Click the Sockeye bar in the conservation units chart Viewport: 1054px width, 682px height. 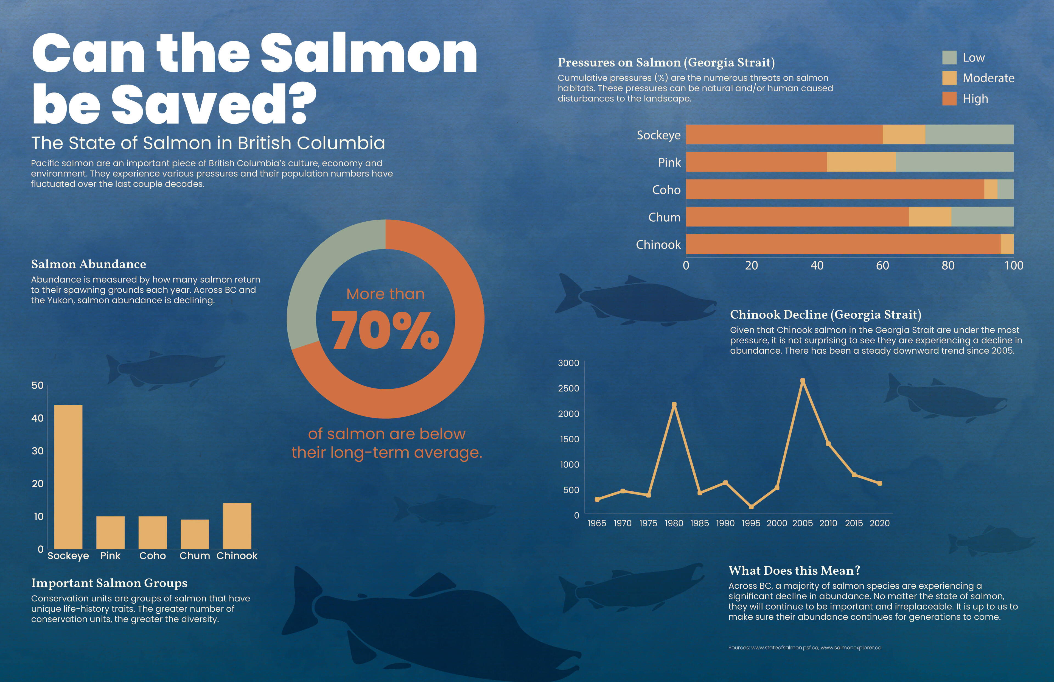(68, 477)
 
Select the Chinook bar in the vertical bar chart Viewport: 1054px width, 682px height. (237, 526)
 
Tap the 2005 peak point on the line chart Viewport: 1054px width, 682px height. (803, 381)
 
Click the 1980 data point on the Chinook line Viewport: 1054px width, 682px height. (674, 404)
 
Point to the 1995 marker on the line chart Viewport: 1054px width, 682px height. (751, 507)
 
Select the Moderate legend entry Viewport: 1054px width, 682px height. (988, 78)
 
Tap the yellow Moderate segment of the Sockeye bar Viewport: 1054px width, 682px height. (904, 135)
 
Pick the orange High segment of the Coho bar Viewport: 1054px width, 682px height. (834, 189)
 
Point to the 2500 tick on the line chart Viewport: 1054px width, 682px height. (568, 388)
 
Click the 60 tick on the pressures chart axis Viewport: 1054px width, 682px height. (882, 266)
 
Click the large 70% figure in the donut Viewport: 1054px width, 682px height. (385, 330)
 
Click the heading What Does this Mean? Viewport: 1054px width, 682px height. (794, 571)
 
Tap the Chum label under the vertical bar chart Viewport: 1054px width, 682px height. (194, 556)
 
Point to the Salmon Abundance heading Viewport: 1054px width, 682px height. (89, 264)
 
